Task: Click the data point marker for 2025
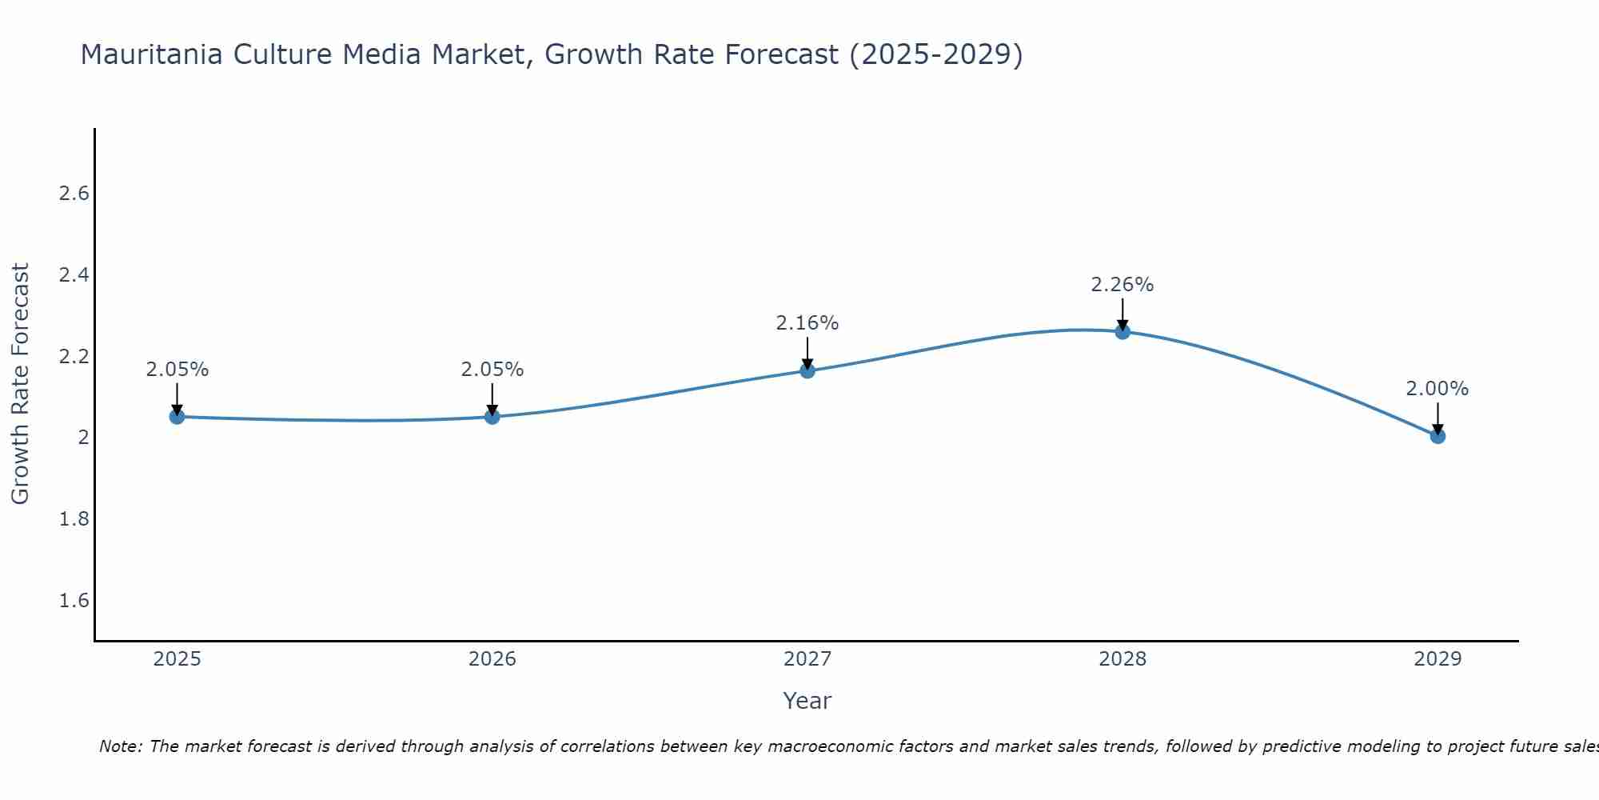[x=177, y=417]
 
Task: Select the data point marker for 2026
[x=492, y=417]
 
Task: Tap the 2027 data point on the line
[x=807, y=370]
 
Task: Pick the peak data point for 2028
[x=1122, y=331]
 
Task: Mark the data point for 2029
[x=1438, y=436]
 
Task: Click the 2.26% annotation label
[x=1122, y=285]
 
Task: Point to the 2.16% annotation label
[x=807, y=323]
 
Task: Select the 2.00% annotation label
[x=1438, y=389]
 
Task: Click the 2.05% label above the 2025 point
[x=177, y=370]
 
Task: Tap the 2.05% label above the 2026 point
[x=492, y=370]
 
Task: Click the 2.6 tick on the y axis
[x=74, y=194]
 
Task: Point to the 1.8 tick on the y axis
[x=74, y=519]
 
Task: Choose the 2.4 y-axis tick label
[x=74, y=275]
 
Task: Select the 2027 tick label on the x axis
[x=807, y=659]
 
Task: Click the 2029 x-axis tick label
[x=1438, y=659]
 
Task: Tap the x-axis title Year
[x=807, y=701]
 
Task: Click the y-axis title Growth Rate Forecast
[x=21, y=384]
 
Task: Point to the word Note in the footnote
[x=120, y=746]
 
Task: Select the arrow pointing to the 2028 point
[x=1122, y=313]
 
